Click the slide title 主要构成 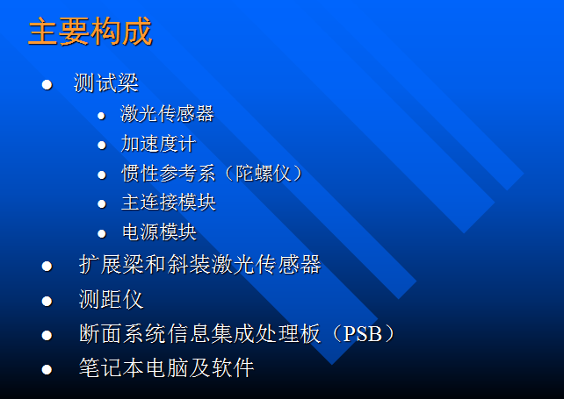click(x=90, y=32)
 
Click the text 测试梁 click(x=106, y=84)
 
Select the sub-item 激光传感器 click(x=167, y=114)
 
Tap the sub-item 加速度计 click(x=158, y=144)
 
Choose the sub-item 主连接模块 click(x=168, y=203)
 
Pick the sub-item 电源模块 click(x=158, y=232)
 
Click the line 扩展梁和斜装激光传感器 click(x=199, y=265)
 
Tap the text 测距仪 click(x=111, y=300)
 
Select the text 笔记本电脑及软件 click(x=166, y=368)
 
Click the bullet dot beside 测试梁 click(x=47, y=85)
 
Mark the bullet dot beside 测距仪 click(x=47, y=301)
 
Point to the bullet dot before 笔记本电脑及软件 click(x=47, y=369)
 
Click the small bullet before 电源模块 click(x=101, y=233)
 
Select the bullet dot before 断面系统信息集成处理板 click(x=47, y=335)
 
